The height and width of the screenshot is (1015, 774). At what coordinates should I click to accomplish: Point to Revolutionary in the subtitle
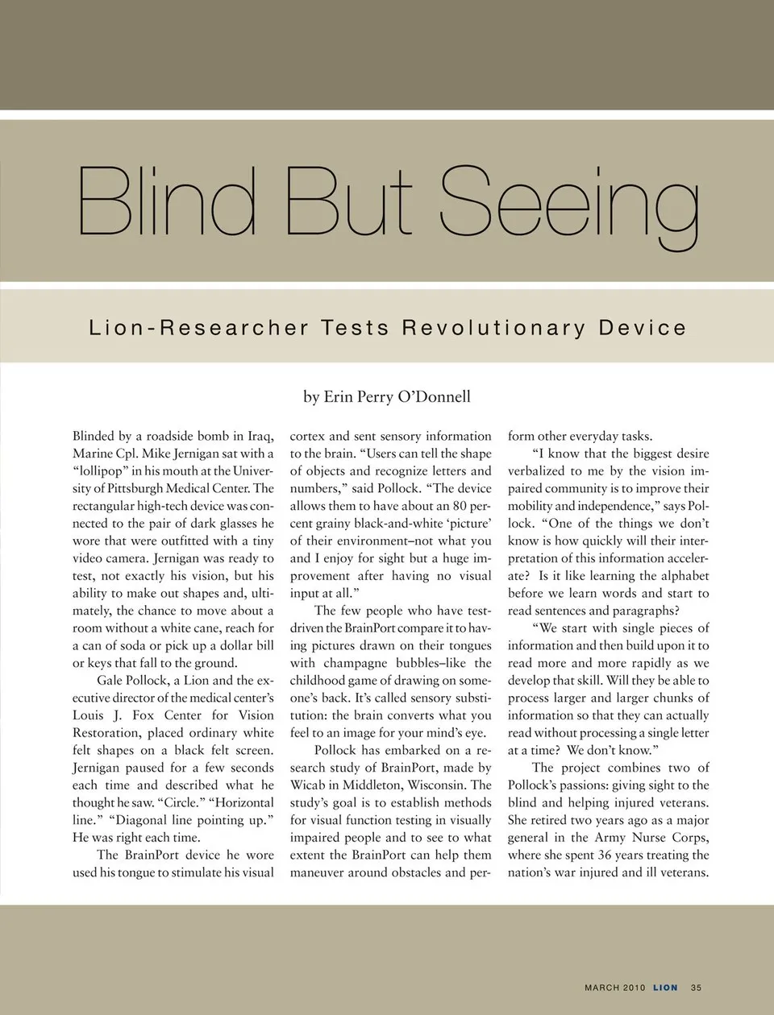pos(493,328)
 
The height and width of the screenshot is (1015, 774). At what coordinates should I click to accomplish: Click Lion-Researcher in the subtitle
pos(198,328)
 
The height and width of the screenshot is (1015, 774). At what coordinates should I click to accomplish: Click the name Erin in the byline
pos(338,396)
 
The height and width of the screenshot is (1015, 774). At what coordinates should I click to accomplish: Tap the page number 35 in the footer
pos(696,988)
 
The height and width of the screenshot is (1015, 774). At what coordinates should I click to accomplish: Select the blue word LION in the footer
pos(665,988)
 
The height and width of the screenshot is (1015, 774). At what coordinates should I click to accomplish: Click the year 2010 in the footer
pos(634,988)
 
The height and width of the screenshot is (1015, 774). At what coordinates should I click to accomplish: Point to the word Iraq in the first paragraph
pos(259,436)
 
